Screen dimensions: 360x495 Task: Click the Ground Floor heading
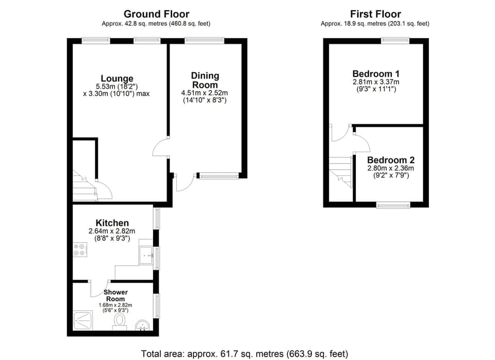pos(156,14)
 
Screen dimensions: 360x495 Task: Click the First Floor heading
pos(375,14)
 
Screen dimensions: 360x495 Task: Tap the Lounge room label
pos(117,78)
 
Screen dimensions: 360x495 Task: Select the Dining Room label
pos(205,80)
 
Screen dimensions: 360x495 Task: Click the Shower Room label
pos(115,296)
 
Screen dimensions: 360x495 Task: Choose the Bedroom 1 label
pos(376,73)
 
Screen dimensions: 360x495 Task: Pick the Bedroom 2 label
pos(390,160)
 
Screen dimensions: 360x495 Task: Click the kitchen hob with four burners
pos(80,250)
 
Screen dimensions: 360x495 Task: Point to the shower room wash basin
pos(143,325)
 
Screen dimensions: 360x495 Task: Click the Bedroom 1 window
pos(395,40)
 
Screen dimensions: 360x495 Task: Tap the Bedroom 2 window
pos(393,205)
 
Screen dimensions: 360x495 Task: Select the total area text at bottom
pos(244,354)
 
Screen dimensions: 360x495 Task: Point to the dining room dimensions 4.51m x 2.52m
pos(204,93)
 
